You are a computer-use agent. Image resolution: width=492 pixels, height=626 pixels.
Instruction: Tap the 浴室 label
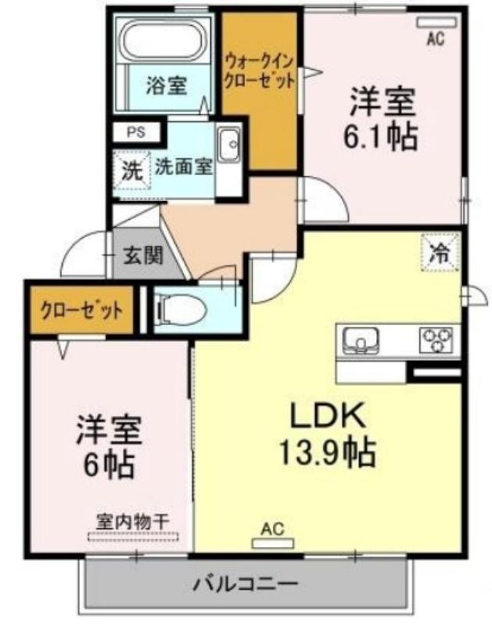pos(167,85)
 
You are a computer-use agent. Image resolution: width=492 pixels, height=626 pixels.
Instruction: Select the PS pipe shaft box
pos(136,131)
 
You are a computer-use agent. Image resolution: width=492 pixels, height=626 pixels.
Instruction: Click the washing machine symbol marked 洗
pos(132,171)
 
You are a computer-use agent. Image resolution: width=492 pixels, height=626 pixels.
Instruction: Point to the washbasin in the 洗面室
pos(228,145)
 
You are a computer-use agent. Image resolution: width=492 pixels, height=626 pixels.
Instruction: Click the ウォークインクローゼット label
pos(260,72)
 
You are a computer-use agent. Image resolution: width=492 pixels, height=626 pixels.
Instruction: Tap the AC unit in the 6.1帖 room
pos(436,22)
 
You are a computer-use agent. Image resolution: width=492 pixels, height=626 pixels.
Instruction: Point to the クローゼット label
pos(82,310)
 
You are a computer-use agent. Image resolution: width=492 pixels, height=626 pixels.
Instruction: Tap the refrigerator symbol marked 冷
pos(440,252)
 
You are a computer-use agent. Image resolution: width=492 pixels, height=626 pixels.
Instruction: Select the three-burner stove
pos(436,340)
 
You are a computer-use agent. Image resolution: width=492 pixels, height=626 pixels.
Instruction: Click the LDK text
pos(327,416)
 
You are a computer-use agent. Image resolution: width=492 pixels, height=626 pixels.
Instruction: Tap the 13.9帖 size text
pos(328,452)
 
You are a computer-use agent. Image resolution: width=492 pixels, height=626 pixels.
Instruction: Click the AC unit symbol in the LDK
pos(273,543)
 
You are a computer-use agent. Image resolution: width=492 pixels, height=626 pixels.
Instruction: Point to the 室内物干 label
pos(133,522)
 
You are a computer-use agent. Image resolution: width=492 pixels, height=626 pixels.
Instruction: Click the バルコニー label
pos(246,585)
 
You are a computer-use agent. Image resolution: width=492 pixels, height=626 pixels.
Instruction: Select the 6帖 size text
pos(108,465)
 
